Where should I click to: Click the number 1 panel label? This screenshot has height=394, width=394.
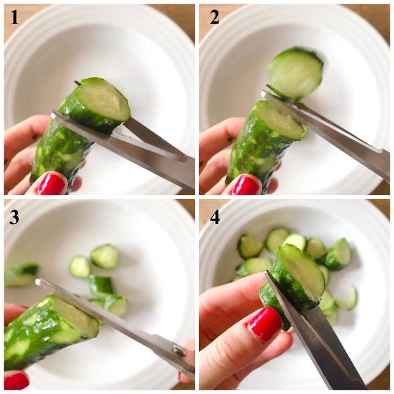(15, 18)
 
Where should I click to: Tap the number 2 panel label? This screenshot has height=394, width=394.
(214, 18)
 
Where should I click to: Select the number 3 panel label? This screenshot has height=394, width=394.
(14, 217)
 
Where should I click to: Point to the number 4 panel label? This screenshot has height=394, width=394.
(214, 217)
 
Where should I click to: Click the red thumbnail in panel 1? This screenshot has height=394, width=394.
(52, 183)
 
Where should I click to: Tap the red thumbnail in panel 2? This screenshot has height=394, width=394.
(245, 185)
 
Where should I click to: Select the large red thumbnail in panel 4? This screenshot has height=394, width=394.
(265, 324)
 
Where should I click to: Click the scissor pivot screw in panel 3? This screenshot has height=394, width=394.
(177, 350)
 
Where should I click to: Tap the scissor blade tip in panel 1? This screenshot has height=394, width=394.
(53, 115)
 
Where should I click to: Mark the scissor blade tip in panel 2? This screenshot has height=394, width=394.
(263, 94)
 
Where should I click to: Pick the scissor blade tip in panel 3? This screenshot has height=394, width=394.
(38, 281)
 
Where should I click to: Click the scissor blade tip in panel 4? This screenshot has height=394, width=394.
(267, 272)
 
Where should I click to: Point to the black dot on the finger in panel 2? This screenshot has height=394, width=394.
(230, 139)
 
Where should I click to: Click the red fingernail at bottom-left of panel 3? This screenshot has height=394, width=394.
(16, 382)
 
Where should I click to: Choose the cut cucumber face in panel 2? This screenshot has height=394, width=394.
(281, 119)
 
